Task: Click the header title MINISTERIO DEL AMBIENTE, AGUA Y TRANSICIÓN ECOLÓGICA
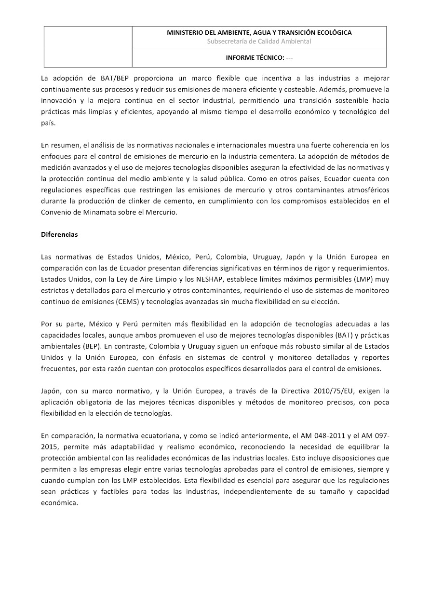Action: [x=259, y=33]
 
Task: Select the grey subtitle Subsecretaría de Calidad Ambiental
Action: [x=259, y=41]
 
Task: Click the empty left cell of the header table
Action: [x=88, y=46]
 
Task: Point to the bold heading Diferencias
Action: [x=59, y=234]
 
